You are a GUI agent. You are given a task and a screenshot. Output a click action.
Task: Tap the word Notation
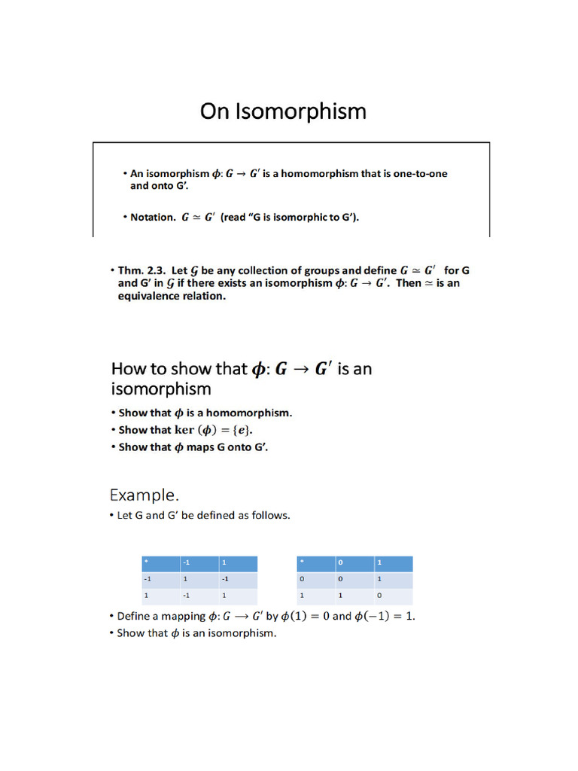pyautogui.click(x=153, y=218)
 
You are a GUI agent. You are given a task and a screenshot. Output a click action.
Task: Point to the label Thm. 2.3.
pyautogui.click(x=143, y=270)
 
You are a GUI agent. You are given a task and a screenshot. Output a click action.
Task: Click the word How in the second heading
pyautogui.click(x=129, y=368)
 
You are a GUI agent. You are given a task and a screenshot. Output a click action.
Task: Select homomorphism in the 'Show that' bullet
pyautogui.click(x=253, y=413)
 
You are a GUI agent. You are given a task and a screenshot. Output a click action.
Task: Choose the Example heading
pyautogui.click(x=144, y=495)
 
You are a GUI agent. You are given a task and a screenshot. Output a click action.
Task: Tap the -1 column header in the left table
pyautogui.click(x=199, y=563)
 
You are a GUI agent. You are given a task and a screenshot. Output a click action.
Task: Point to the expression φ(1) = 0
pyautogui.click(x=305, y=616)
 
